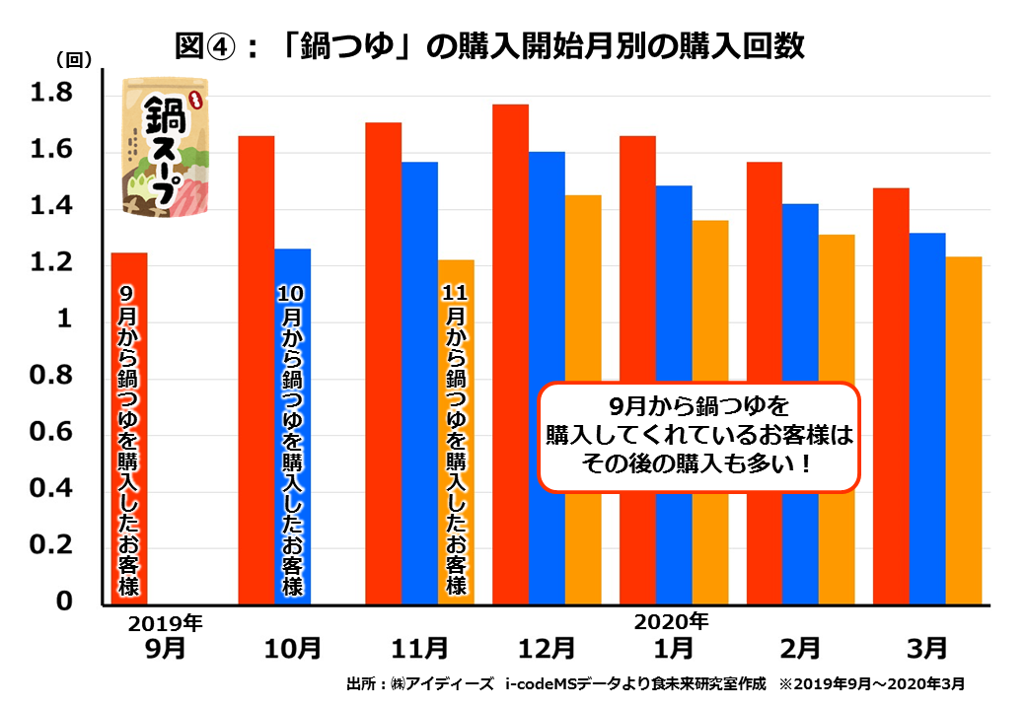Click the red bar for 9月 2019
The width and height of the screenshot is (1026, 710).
[x=128, y=429]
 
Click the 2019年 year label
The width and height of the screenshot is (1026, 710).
[x=165, y=623]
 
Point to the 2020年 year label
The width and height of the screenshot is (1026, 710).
[x=670, y=622]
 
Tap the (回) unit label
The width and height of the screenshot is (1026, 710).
[x=73, y=59]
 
